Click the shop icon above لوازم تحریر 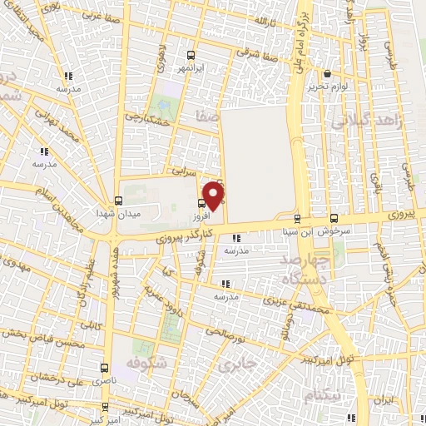(327, 73)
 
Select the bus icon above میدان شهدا (118, 201)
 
